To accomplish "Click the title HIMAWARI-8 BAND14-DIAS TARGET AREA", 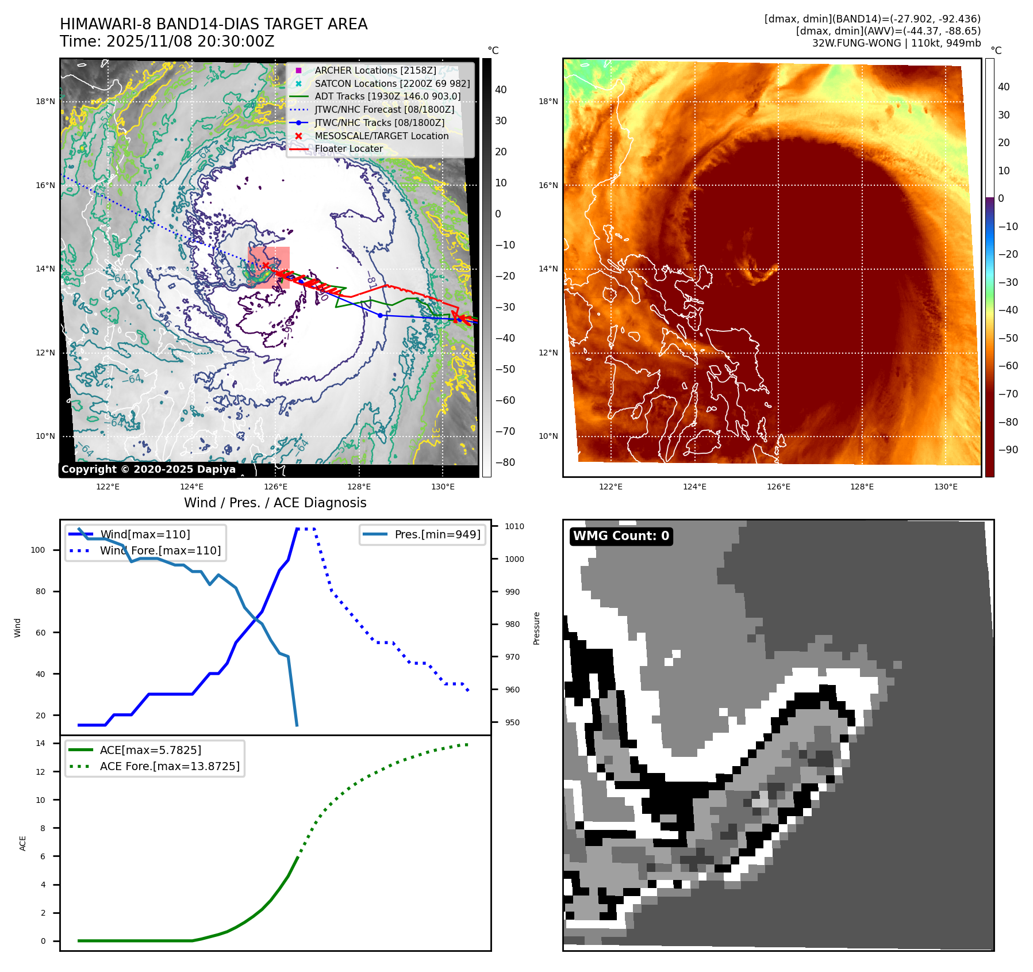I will point(213,24).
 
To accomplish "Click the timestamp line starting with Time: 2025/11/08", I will point(167,41).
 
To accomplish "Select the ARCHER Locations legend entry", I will point(375,70).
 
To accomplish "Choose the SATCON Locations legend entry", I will point(392,83).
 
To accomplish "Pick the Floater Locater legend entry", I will point(348,148).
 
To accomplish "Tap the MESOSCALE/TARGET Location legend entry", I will point(381,136).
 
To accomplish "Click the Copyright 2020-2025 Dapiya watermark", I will point(148,469).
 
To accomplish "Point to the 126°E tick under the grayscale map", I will point(275,487).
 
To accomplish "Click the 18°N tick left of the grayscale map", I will point(45,101).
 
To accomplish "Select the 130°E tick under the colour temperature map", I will point(946,487).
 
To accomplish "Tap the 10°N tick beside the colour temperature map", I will point(548,436).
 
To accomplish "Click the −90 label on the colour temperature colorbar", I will point(1008,450).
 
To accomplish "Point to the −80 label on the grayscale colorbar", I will point(505,462).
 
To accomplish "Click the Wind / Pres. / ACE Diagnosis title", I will point(275,503).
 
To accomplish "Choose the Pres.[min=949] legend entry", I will point(437,534).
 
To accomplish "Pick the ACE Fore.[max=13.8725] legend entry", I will point(170,766).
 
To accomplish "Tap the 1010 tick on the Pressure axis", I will point(514,526).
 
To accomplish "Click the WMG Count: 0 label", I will point(621,536).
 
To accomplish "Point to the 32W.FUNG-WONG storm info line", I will point(896,43).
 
